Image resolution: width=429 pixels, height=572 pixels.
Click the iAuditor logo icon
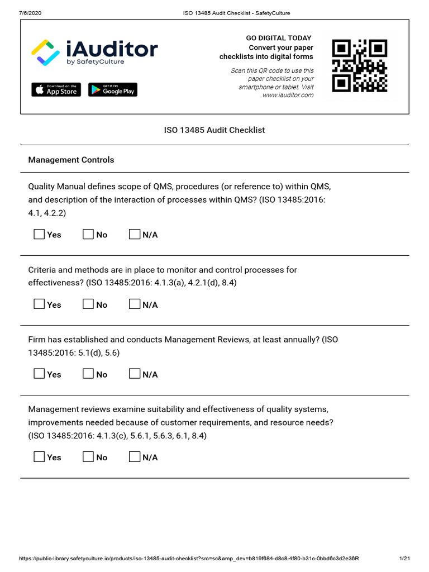tap(44, 53)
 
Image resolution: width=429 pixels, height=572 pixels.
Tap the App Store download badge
tap(56, 89)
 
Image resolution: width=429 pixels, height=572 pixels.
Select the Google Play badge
tap(112, 89)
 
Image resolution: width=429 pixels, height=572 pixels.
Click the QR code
tap(359, 66)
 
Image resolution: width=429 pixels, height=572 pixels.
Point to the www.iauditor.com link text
tap(288, 95)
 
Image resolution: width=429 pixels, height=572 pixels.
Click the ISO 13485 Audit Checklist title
tap(214, 130)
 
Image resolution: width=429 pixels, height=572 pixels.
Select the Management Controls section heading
tap(71, 160)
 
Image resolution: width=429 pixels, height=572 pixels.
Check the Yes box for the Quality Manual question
tap(39, 235)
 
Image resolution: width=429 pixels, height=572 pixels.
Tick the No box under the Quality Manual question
tap(88, 235)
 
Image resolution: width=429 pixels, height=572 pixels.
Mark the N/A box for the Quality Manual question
tap(134, 235)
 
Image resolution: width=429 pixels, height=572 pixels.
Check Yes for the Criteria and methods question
tap(39, 304)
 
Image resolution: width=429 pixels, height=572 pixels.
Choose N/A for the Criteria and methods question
tap(134, 304)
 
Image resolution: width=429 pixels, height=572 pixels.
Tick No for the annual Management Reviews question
tap(88, 374)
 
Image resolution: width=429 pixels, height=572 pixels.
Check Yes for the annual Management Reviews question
tap(39, 374)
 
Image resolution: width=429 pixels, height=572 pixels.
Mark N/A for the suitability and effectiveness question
tap(134, 457)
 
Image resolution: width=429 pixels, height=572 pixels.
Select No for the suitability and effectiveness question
tap(88, 457)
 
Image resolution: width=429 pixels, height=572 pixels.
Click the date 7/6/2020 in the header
tap(30, 13)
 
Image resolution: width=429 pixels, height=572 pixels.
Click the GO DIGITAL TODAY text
tap(279, 38)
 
